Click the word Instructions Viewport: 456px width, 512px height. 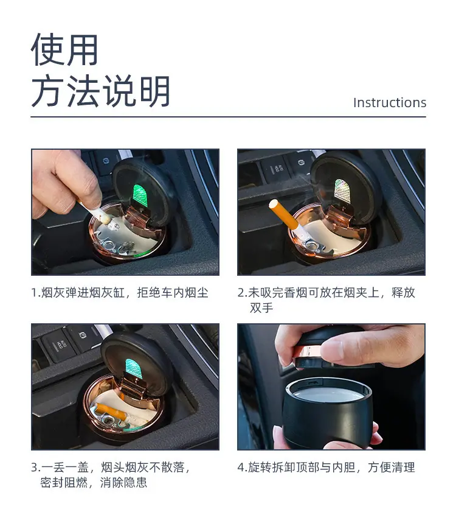point(390,102)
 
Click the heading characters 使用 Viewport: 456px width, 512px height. point(64,50)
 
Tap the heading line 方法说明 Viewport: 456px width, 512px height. point(100,91)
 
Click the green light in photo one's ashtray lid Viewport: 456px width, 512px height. point(140,195)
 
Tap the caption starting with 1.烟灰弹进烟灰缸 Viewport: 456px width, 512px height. point(120,292)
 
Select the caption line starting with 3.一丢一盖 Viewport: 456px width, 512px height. point(110,467)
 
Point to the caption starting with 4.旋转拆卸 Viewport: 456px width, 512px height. point(326,467)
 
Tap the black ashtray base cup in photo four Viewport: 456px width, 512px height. point(328,413)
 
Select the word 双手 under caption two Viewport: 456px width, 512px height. point(261,307)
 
